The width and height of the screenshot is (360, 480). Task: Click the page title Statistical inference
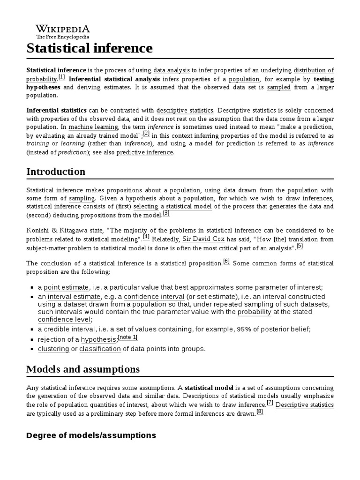point(90,48)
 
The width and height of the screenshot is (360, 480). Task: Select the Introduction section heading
point(56,172)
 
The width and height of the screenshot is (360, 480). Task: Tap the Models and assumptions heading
point(83,369)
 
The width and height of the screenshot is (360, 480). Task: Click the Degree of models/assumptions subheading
point(91,435)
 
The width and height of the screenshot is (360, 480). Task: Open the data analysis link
point(172,70)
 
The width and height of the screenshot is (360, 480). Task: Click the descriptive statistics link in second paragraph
point(185,111)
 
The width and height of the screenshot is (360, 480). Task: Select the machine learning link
point(93,127)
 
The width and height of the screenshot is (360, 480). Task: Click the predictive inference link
point(145,152)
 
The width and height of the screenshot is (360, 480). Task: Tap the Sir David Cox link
point(200,239)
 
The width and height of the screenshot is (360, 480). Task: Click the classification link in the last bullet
point(100,349)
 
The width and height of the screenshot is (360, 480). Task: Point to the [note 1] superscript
point(127,337)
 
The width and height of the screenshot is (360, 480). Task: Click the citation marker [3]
point(166,213)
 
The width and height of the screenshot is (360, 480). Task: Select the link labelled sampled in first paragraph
point(279,87)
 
